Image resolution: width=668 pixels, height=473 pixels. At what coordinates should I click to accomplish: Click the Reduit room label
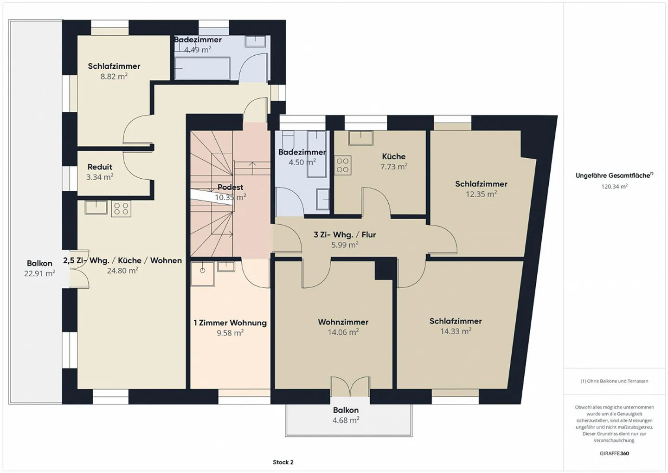100,167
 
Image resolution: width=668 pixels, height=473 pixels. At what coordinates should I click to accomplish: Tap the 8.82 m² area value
114,77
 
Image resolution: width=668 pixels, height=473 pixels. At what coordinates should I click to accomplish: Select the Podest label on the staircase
230,187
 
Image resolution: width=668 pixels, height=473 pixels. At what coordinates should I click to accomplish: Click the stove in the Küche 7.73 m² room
343,165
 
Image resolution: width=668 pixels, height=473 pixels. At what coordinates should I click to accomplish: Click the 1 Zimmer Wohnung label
230,323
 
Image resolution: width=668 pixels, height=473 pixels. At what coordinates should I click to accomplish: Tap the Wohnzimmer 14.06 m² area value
343,332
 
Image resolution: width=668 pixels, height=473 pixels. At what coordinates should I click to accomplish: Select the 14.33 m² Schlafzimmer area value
456,331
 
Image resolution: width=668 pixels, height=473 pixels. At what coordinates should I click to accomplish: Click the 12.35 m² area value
481,194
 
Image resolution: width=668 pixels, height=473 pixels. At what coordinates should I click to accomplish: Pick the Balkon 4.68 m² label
346,410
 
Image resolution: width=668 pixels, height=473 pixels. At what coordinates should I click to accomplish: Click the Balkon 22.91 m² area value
39,274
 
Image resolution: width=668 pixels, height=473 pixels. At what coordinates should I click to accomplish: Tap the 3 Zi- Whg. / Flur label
345,234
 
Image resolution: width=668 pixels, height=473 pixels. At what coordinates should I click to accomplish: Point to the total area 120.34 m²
614,187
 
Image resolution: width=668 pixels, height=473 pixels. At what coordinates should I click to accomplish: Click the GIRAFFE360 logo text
614,454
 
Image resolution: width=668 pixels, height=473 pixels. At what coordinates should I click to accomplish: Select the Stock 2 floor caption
283,462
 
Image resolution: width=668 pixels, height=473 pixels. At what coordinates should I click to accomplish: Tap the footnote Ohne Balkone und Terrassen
614,381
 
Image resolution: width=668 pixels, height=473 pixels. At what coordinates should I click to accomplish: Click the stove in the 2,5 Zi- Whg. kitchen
121,209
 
